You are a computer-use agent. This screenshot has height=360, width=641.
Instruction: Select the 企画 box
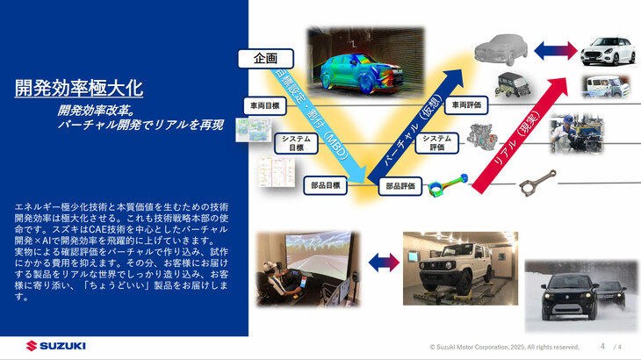(x=264, y=58)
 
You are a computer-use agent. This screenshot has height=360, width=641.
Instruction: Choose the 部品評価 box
(x=400, y=186)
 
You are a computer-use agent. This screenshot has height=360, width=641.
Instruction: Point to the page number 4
(x=602, y=346)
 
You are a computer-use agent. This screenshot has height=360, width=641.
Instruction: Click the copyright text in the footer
(x=504, y=347)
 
